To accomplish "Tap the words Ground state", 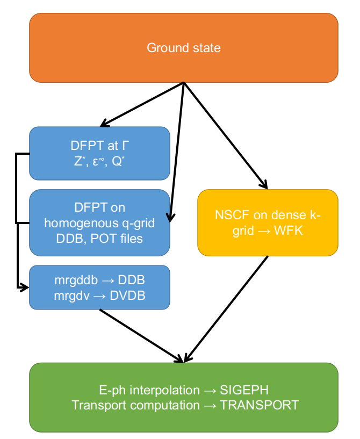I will [184, 48].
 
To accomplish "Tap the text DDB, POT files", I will [99, 238].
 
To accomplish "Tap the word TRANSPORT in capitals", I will [260, 405].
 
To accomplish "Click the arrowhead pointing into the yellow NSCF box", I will [264, 184].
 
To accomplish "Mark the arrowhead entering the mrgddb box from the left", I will [25, 287].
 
